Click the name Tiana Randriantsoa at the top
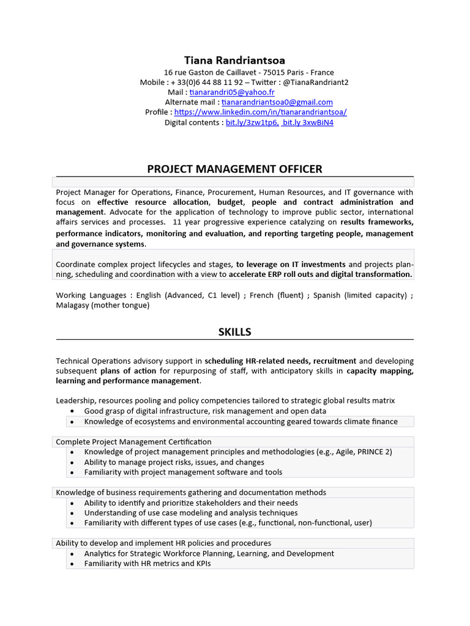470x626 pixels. pos(234,61)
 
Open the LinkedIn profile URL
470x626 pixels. pos(260,112)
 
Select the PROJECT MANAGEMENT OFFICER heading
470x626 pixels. pos(234,169)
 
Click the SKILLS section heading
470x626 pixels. pos(234,333)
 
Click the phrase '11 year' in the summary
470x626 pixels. pos(188,222)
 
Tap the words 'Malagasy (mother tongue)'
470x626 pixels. pos(102,305)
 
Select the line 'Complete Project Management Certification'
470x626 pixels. pos(133,442)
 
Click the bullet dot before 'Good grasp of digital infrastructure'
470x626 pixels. pos(72,411)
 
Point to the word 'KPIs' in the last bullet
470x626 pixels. pos(201,564)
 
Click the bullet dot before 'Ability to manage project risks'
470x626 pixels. pos(72,463)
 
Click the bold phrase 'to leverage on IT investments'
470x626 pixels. pos(291,265)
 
